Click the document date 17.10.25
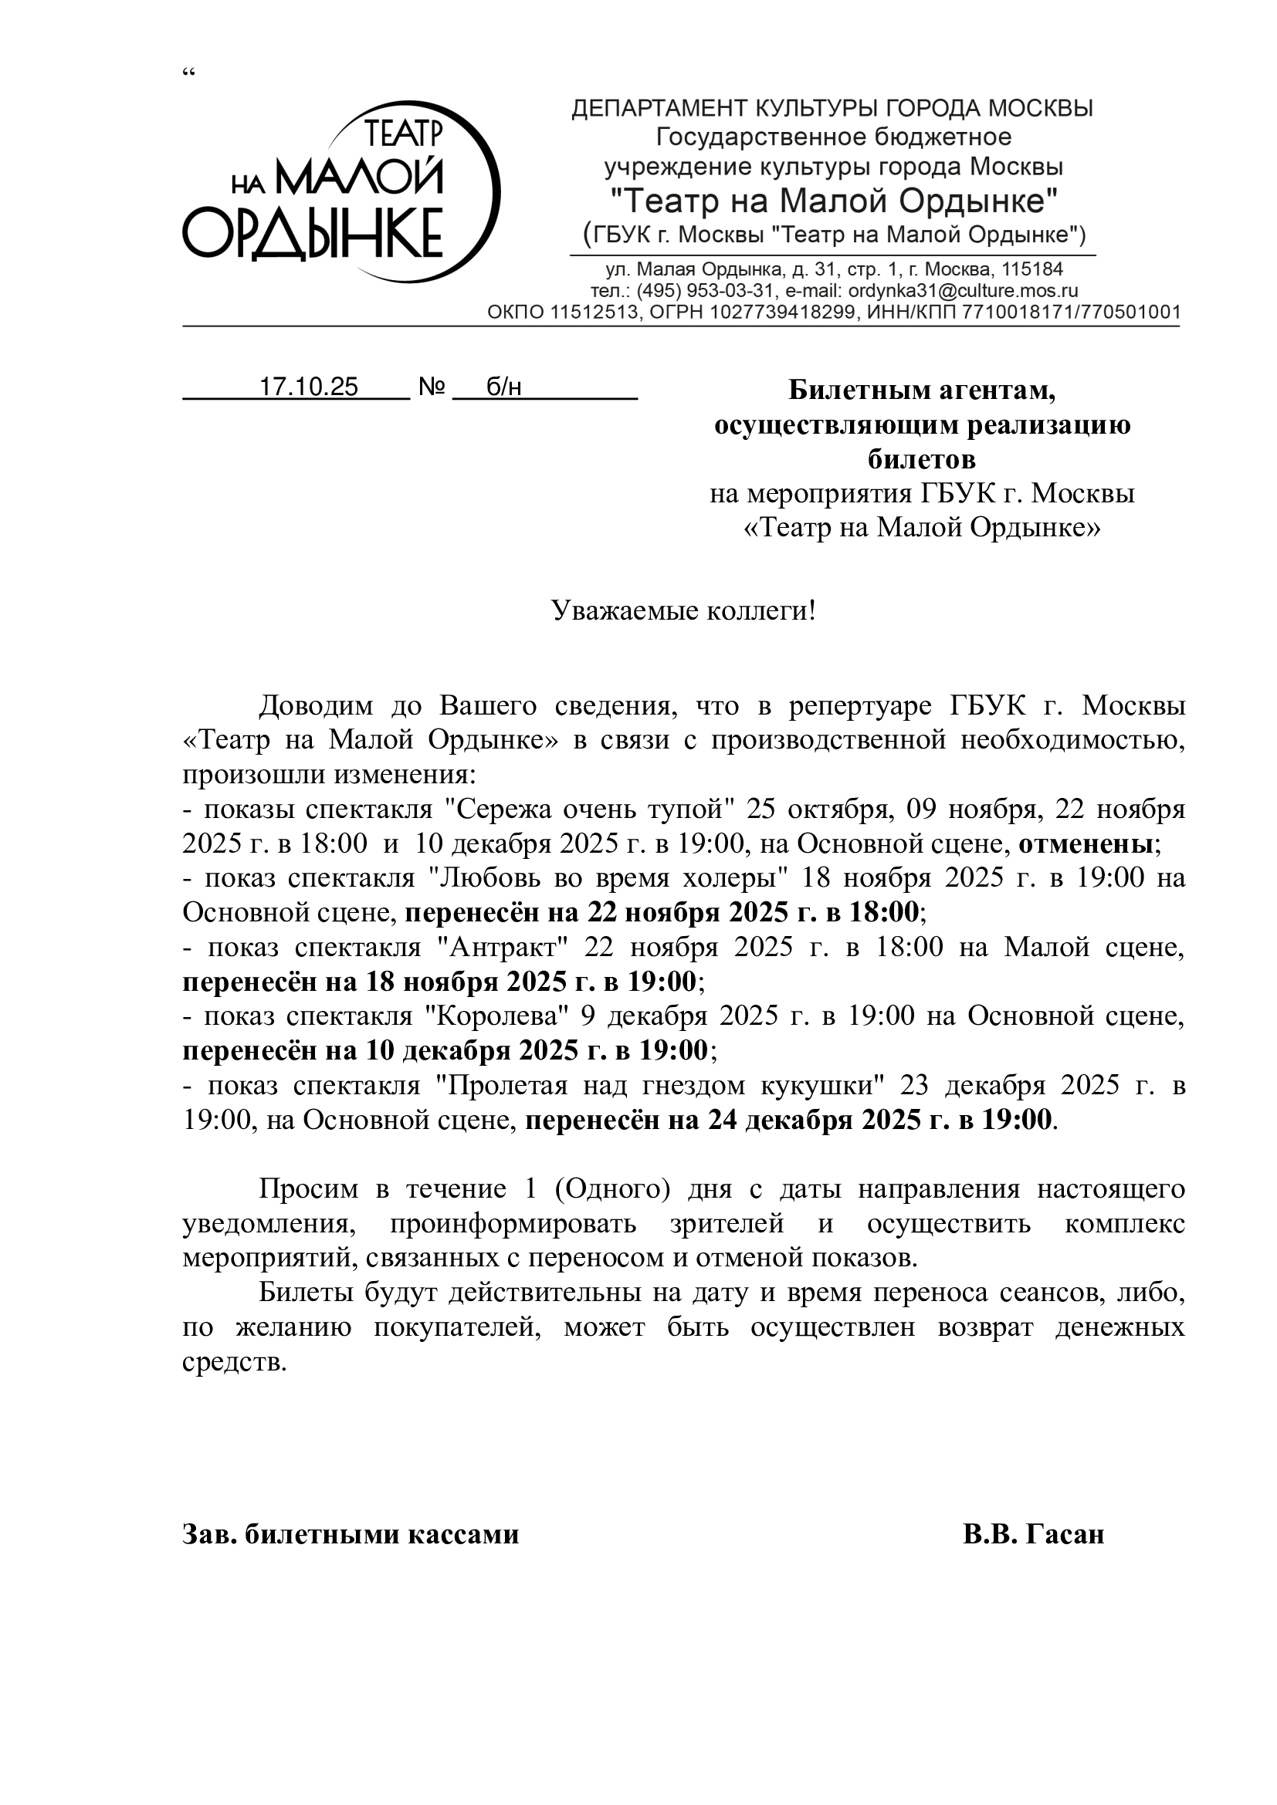(309, 387)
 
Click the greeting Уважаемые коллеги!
(683, 611)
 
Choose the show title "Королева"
(496, 1016)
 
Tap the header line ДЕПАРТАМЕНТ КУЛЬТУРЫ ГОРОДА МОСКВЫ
(833, 109)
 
